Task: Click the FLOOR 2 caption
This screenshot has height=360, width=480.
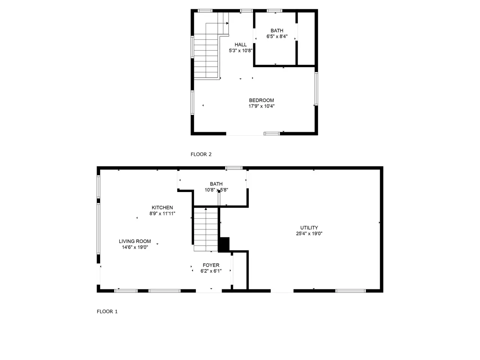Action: point(201,154)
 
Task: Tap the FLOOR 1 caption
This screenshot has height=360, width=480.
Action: point(107,312)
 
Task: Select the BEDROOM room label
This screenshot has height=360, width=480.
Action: point(261,100)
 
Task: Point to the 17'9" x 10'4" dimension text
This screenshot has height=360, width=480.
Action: point(261,106)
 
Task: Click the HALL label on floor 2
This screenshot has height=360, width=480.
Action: point(240,45)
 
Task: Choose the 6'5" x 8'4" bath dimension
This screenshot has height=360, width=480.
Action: point(277,36)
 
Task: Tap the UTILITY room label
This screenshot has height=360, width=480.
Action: point(309,228)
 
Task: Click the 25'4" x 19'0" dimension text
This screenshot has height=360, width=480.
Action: point(309,234)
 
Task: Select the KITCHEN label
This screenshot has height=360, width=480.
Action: point(162,207)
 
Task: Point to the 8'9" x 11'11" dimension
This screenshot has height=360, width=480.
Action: point(162,213)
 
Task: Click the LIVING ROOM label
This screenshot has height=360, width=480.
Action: point(135,241)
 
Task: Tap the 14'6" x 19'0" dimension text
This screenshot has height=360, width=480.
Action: point(135,247)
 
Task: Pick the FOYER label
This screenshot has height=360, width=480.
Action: point(211,265)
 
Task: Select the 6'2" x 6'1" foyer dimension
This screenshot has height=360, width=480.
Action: point(211,271)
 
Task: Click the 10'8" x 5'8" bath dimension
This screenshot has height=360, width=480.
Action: point(216,190)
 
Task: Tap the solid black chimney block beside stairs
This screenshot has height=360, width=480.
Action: point(224,244)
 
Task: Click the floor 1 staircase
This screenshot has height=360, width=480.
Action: point(206,229)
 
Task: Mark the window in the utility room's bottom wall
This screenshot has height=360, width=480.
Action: point(350,291)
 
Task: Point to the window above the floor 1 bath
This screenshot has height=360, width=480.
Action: point(234,168)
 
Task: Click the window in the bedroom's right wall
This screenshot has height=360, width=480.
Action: point(316,89)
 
